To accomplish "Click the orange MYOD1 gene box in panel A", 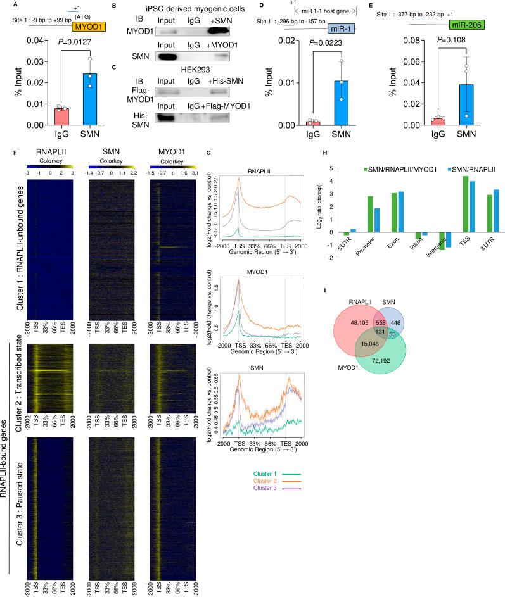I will (x=89, y=27).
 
